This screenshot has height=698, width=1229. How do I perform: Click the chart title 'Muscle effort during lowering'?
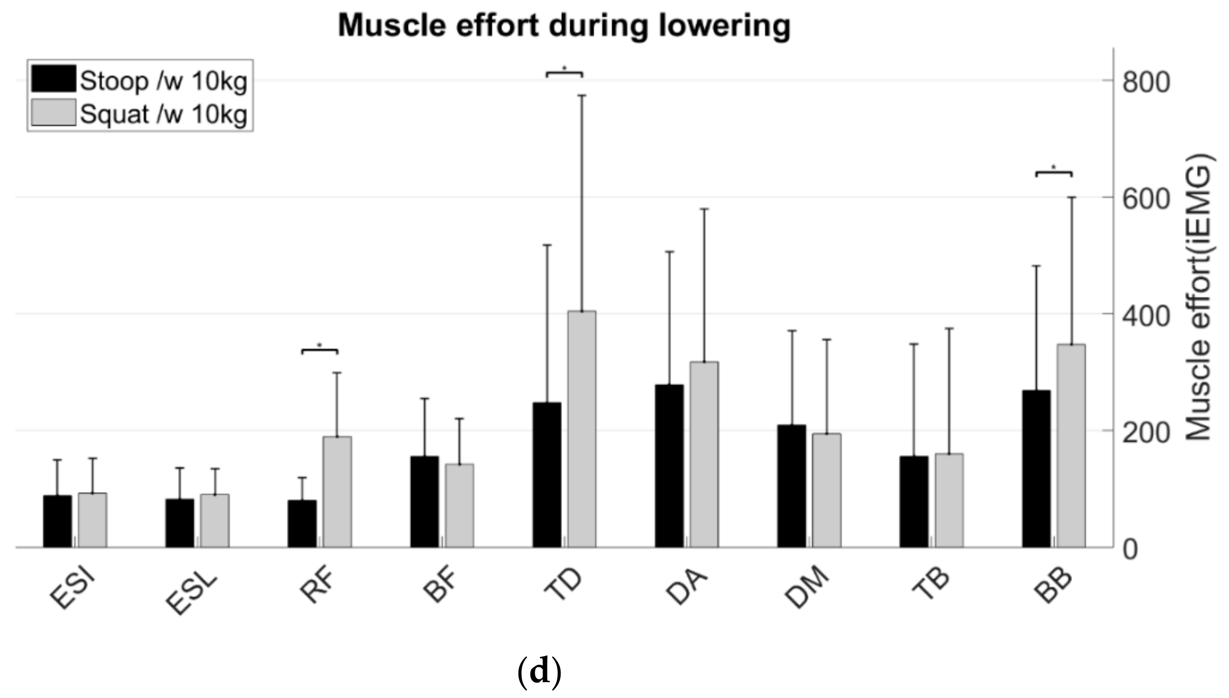click(x=564, y=26)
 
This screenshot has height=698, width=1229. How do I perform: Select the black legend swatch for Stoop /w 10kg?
click(x=53, y=78)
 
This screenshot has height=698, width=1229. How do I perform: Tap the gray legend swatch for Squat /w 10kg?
click(x=53, y=112)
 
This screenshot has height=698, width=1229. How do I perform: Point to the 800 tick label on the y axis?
click(x=1146, y=82)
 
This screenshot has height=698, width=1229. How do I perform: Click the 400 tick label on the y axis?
click(x=1146, y=315)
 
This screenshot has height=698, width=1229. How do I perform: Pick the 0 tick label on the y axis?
click(x=1130, y=549)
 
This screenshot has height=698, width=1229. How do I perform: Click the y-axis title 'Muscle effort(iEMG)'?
click(x=1198, y=297)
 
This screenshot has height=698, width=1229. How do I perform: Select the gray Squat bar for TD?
click(x=582, y=429)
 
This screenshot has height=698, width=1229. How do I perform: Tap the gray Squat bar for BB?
click(x=1071, y=446)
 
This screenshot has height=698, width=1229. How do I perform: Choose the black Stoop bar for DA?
click(x=669, y=465)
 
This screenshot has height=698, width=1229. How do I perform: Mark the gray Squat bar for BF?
click(x=459, y=506)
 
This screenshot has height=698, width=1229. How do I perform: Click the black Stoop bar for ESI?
click(x=57, y=521)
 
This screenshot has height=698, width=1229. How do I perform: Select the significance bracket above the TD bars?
click(x=564, y=73)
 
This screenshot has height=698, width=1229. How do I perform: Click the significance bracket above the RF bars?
click(x=320, y=350)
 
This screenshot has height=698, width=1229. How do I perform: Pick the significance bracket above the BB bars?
click(x=1054, y=172)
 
